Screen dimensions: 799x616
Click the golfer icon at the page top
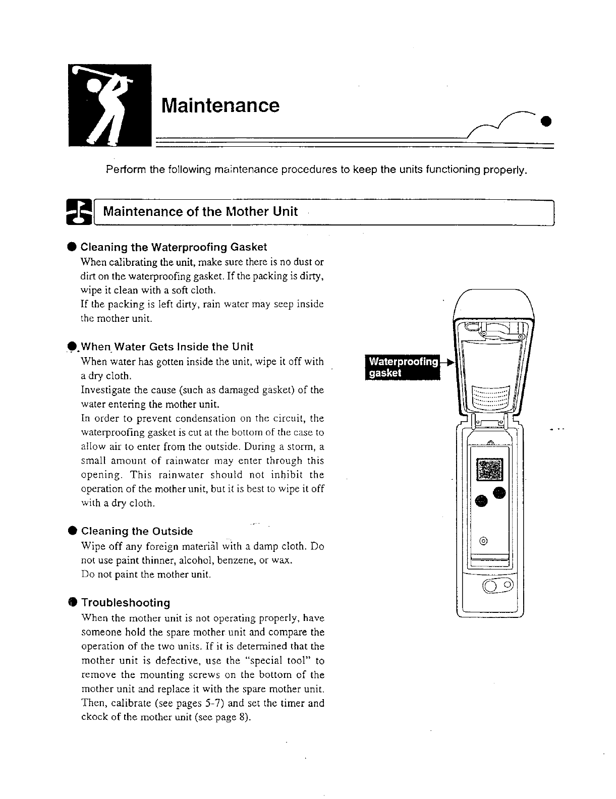point(110,105)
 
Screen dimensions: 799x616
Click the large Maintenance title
point(220,105)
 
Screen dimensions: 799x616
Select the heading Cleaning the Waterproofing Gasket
point(174,247)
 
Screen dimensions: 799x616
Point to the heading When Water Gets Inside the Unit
point(167,347)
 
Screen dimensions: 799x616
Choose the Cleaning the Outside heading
point(137,531)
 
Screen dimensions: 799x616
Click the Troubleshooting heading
point(126,603)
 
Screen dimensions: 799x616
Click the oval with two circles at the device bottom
point(498,586)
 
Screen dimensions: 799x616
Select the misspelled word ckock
point(93,718)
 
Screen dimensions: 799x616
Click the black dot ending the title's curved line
point(545,121)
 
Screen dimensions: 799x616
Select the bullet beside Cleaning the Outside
point(73,531)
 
